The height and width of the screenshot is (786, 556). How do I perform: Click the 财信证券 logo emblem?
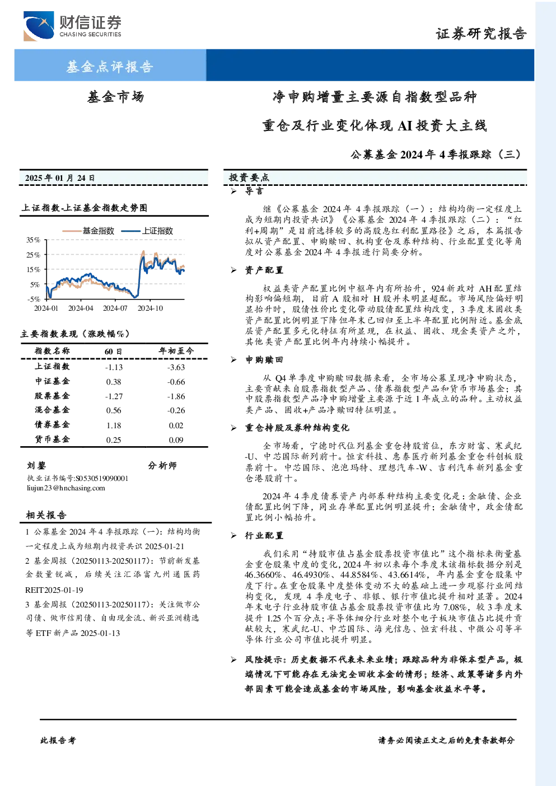[x=39, y=26]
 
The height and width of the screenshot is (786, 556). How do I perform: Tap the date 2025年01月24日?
[x=60, y=178]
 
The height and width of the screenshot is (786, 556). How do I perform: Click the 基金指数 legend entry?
[x=88, y=231]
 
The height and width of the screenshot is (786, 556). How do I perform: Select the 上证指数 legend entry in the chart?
[x=147, y=231]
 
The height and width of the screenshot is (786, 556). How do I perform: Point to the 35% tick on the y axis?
[x=34, y=240]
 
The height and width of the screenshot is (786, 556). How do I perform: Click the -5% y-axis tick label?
[x=34, y=299]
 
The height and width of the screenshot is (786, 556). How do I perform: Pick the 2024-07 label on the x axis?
[x=115, y=308]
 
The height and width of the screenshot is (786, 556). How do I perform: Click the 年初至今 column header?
[x=176, y=350]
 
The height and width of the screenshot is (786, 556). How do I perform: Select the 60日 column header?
[x=113, y=351]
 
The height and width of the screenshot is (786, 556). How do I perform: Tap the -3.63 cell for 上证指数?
[x=176, y=367]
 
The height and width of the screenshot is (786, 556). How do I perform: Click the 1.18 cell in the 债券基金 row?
[x=114, y=425]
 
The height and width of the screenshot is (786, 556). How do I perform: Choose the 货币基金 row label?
[x=52, y=439]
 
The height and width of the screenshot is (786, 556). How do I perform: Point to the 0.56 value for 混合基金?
[x=114, y=410]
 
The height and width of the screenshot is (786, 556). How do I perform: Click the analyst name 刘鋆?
[x=36, y=465]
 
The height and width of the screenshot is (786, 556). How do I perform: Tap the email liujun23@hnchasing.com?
[x=66, y=488]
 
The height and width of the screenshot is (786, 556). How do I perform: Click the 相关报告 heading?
[x=46, y=514]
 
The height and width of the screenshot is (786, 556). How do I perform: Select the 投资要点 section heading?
[x=249, y=177]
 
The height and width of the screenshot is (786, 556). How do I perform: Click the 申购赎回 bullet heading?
[x=264, y=359]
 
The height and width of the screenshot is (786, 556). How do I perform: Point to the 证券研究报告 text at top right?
[x=481, y=34]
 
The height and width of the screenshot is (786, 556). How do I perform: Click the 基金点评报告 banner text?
[x=110, y=67]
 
